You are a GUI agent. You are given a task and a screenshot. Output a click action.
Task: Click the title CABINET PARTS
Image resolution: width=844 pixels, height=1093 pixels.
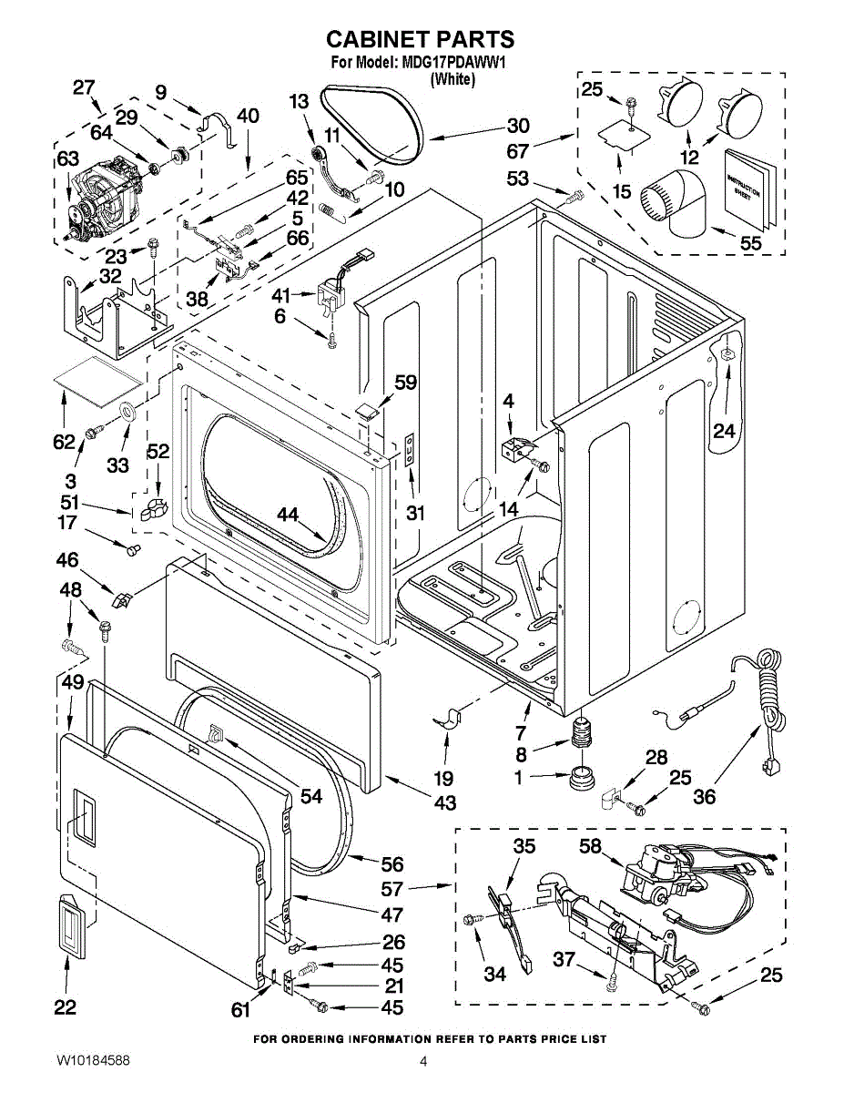pyautogui.click(x=420, y=39)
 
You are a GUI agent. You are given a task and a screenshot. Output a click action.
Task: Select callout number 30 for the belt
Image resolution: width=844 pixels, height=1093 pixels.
pyautogui.click(x=518, y=126)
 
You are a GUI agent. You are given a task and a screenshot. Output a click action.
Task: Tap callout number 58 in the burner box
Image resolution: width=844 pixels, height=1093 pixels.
pyautogui.click(x=590, y=846)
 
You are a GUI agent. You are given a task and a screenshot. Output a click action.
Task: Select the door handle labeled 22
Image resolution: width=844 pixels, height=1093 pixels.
pyautogui.click(x=69, y=925)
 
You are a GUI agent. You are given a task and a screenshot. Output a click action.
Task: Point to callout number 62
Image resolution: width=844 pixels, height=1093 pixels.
pyautogui.click(x=64, y=442)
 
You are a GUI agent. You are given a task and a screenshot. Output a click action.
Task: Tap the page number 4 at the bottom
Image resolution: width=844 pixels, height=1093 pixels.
pyautogui.click(x=423, y=1061)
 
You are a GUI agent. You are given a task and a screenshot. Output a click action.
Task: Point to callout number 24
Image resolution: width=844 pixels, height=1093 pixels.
pyautogui.click(x=724, y=431)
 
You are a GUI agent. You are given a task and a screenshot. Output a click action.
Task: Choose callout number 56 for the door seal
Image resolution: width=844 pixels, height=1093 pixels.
pyautogui.click(x=391, y=864)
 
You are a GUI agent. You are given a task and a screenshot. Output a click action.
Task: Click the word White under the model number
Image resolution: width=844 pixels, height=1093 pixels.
pyautogui.click(x=453, y=79)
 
